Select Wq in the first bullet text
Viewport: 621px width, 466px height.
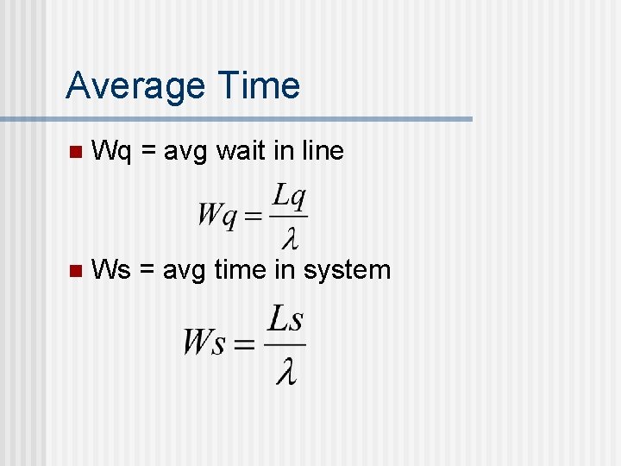[x=111, y=153]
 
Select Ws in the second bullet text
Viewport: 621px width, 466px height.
[x=111, y=270]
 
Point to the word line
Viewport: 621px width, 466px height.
[x=321, y=152]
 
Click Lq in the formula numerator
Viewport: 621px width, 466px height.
[x=288, y=198]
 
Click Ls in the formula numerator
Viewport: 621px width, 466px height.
[x=285, y=320]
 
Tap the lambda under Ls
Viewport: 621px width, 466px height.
[x=285, y=369]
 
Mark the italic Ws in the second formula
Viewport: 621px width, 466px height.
[x=204, y=343]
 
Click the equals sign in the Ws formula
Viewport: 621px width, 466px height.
[x=244, y=344]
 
